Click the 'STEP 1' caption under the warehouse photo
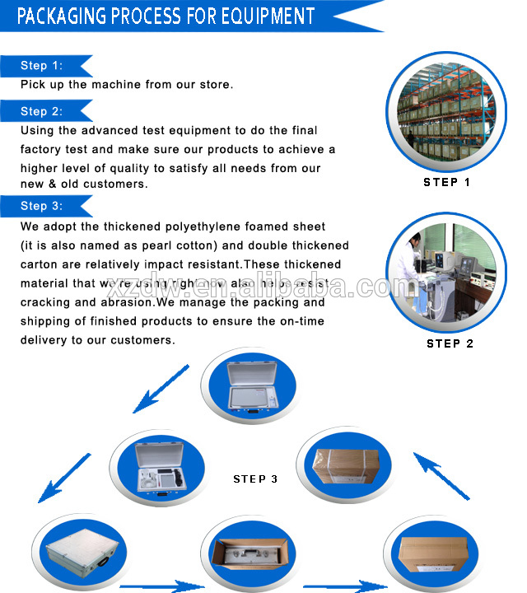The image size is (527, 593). pyautogui.click(x=446, y=183)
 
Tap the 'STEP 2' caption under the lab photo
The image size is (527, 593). pyautogui.click(x=450, y=343)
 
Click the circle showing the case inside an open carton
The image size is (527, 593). pyautogui.click(x=249, y=557)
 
